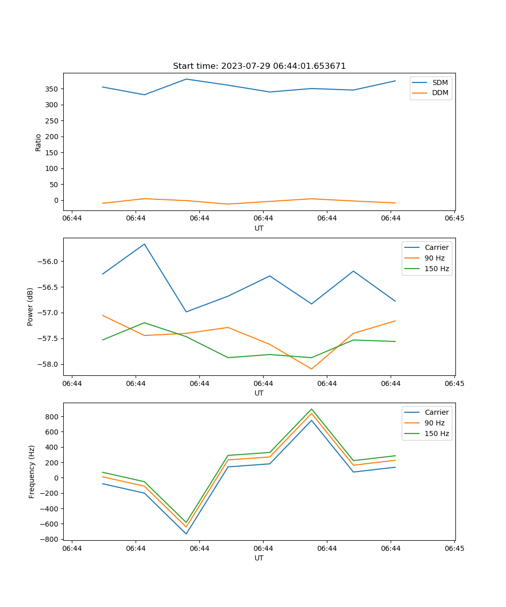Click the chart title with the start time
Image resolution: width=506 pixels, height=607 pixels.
[x=259, y=66]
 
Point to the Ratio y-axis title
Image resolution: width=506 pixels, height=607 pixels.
[x=38, y=142]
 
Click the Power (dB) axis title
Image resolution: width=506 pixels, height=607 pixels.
[x=30, y=307]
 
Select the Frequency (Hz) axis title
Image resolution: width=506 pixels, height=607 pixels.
[x=32, y=471]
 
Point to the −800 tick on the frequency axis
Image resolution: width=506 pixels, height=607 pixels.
[x=51, y=539]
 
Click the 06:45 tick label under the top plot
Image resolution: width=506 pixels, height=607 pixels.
[x=454, y=219]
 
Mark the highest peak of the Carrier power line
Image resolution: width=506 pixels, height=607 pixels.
[x=144, y=244]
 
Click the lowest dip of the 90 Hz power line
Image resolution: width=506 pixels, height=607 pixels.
[x=311, y=369]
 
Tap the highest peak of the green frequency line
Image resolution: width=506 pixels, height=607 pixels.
[x=312, y=409]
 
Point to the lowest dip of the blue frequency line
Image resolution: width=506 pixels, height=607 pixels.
[x=186, y=534]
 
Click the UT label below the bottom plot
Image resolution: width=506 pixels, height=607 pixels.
[x=259, y=558]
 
